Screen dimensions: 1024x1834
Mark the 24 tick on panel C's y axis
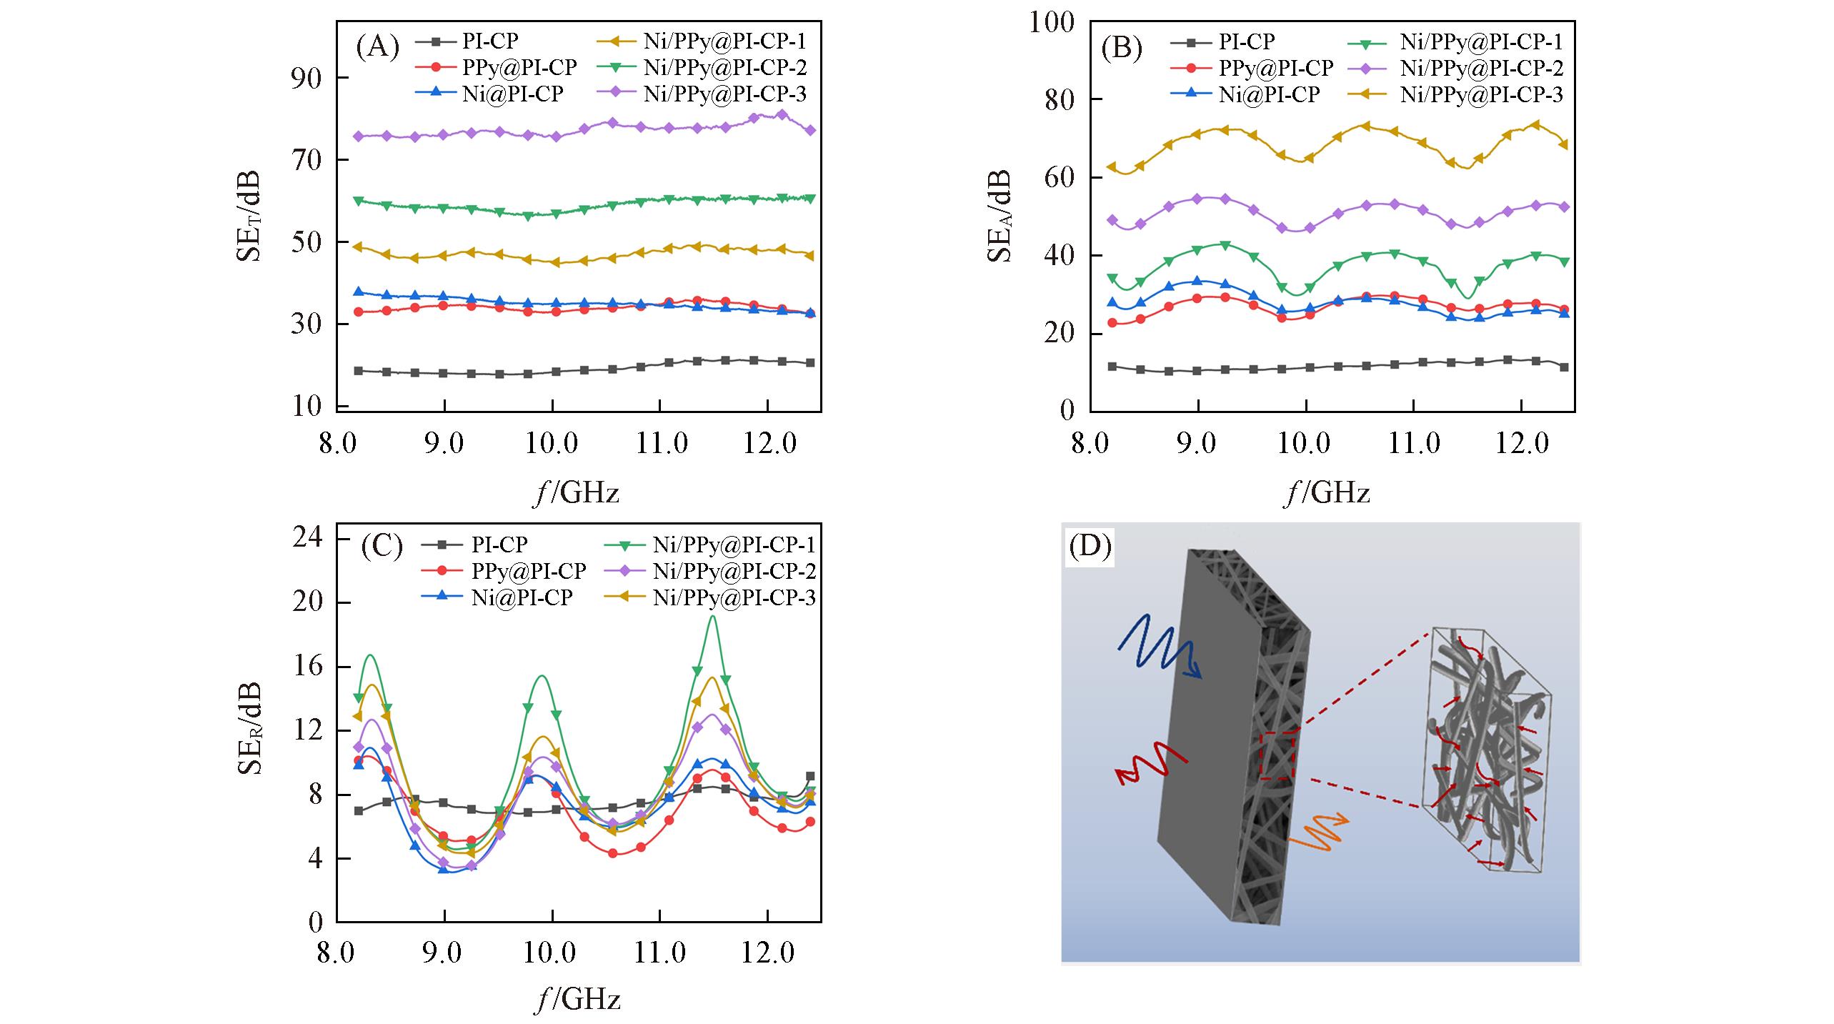pos(308,537)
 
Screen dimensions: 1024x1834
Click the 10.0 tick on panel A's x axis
pos(552,443)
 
